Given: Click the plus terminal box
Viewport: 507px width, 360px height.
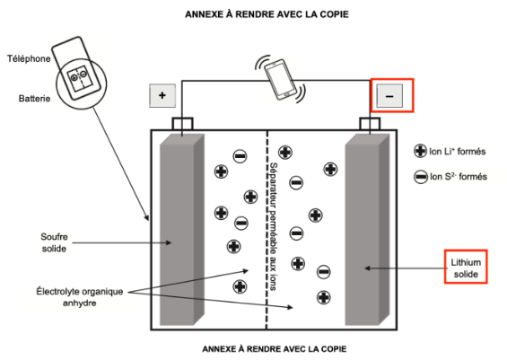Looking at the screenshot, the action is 162,95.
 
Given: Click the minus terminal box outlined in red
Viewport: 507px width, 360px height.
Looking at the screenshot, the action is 389,96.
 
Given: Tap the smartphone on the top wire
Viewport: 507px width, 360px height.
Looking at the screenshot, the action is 280,79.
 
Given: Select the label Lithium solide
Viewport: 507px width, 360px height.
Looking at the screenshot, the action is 466,268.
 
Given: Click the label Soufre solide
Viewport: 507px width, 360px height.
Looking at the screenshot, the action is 54,242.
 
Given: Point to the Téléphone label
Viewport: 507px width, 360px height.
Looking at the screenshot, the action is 29,58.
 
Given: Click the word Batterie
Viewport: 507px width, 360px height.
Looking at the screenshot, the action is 34,99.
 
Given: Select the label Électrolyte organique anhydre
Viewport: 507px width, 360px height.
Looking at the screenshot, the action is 80,297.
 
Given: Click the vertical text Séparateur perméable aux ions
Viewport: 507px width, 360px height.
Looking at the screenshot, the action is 274,226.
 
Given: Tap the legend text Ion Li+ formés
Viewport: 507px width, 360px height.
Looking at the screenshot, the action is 458,152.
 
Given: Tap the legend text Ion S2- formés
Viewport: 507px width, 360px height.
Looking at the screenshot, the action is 459,177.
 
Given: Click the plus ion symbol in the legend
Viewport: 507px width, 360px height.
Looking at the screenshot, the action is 420,151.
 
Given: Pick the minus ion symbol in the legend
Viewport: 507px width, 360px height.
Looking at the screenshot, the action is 421,177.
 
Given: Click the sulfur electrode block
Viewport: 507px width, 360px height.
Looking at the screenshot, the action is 182,229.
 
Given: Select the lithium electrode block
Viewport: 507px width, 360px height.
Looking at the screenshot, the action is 367,229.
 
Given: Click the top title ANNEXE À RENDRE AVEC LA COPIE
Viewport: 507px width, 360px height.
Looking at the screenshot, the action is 267,14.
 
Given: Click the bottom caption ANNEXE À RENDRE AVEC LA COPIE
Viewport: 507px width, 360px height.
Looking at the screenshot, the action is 275,349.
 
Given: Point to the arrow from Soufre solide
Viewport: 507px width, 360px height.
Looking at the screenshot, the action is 121,242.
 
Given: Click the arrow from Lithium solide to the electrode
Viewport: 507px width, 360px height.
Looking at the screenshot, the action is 405,268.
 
